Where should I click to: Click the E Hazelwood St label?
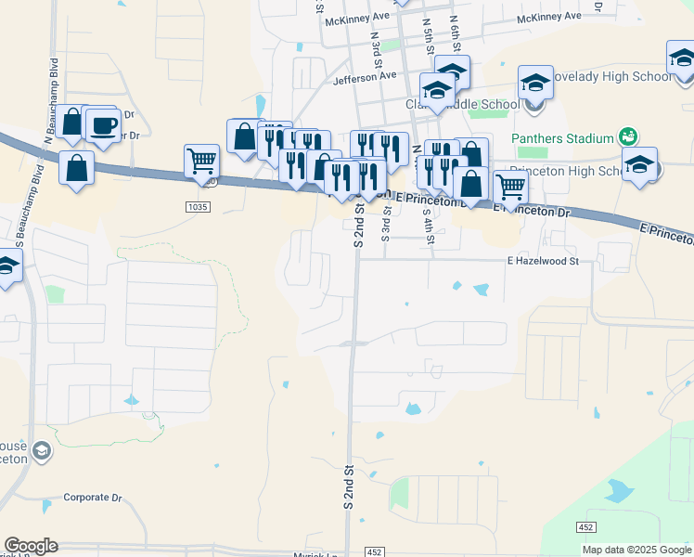click(x=543, y=262)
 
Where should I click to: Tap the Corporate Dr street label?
click(x=93, y=498)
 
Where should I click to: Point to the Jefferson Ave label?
click(x=365, y=77)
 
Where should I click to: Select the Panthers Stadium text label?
click(x=562, y=138)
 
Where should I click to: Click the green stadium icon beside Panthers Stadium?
click(x=628, y=136)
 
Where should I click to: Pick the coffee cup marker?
click(x=104, y=126)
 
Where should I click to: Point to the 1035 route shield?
click(x=197, y=205)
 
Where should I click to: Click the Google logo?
click(x=31, y=546)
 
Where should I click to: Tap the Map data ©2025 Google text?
click(x=637, y=550)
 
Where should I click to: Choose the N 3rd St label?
click(x=376, y=45)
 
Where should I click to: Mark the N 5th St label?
click(x=428, y=36)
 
